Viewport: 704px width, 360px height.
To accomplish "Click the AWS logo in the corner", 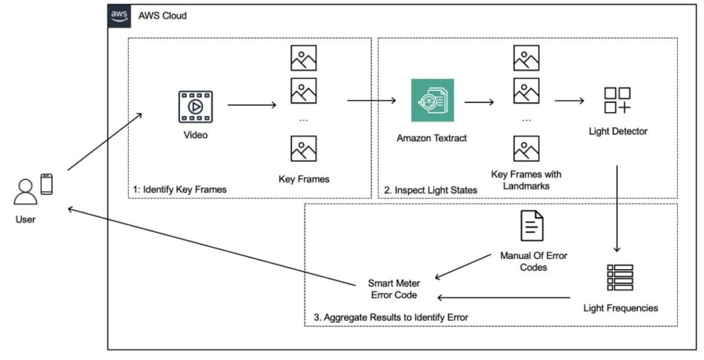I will coord(120,16).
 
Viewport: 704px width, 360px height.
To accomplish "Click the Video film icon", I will coord(195,107).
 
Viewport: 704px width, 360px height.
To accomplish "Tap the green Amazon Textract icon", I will coord(432,100).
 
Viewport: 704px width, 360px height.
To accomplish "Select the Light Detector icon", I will coord(617,100).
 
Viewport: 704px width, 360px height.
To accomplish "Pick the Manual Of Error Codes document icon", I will coord(533,226).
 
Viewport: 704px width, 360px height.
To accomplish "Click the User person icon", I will coord(25,192).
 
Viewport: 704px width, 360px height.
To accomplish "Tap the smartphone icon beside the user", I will coord(47,184).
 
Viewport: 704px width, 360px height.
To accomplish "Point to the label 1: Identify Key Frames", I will coord(179,189).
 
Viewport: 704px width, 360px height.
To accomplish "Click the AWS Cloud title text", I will coord(163,16).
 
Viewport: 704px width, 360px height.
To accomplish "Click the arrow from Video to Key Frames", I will coord(252,105).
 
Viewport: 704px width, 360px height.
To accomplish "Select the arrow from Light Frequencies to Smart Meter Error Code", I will coord(506,296).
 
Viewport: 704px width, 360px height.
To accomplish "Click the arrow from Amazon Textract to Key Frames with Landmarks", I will coord(479,102).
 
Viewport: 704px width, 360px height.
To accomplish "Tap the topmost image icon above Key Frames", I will coord(303,58).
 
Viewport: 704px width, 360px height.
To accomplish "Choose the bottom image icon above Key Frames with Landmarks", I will coord(526,148).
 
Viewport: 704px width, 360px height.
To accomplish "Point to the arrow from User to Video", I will coord(105,141).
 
